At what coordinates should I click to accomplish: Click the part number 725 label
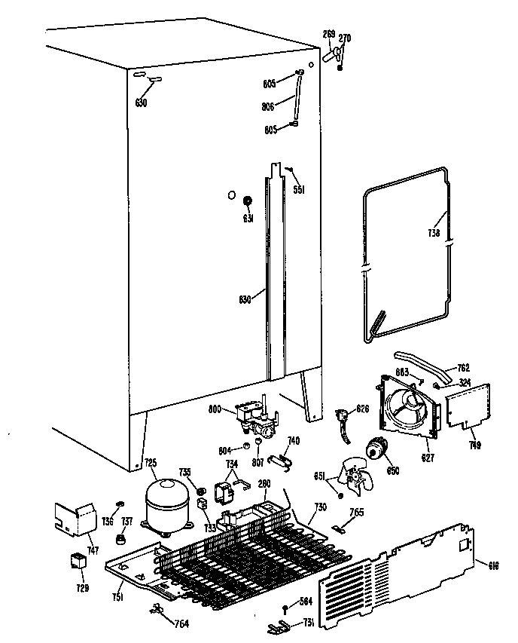[x=151, y=463]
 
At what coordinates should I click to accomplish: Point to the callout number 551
[x=298, y=191]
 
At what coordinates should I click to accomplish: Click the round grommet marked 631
[x=246, y=202]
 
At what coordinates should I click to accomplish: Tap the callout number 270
[x=345, y=38]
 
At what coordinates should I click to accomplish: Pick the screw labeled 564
[x=285, y=609]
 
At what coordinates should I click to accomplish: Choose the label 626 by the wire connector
[x=363, y=410]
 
